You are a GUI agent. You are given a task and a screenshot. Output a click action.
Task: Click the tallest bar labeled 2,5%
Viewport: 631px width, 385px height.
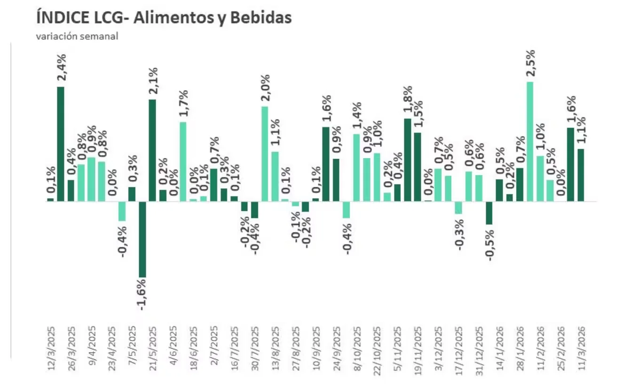(530, 142)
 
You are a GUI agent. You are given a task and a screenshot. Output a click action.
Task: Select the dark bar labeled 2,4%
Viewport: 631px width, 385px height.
(61, 144)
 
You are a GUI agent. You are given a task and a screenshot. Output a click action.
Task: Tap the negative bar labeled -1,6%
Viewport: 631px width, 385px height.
(142, 239)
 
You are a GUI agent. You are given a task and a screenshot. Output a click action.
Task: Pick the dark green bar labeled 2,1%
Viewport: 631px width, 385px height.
(152, 150)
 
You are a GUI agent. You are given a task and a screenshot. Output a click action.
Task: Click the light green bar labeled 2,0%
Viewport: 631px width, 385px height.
(265, 154)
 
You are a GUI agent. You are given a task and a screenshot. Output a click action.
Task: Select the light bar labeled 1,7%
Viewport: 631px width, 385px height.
(183, 161)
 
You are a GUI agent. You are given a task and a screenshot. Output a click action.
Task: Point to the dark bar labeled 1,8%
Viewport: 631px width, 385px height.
(408, 160)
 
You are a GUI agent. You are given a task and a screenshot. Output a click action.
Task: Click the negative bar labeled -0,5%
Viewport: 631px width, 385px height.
(489, 213)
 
